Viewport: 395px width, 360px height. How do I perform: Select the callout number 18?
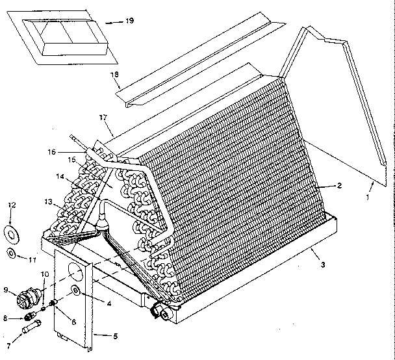coord(115,75)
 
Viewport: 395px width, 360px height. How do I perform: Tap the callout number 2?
coord(338,186)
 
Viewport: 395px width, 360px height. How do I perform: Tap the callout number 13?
coord(47,201)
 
